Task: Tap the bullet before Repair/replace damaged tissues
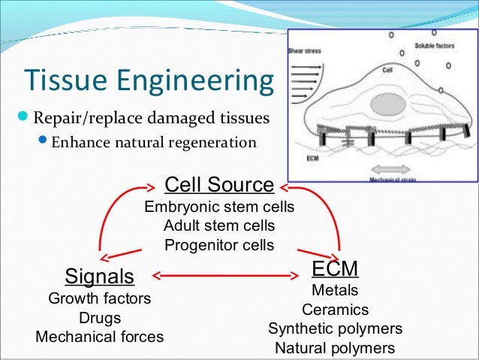(22, 119)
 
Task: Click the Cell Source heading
(219, 185)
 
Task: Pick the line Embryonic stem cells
(219, 207)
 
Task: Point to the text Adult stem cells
(219, 225)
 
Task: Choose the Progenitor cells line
(219, 244)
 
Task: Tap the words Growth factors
(99, 298)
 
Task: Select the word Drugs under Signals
(99, 317)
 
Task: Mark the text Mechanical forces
(99, 337)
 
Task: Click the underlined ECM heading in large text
(335, 268)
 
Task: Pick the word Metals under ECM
(335, 290)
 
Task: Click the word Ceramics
(335, 310)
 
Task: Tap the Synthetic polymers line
(335, 329)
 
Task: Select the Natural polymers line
(335, 348)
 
